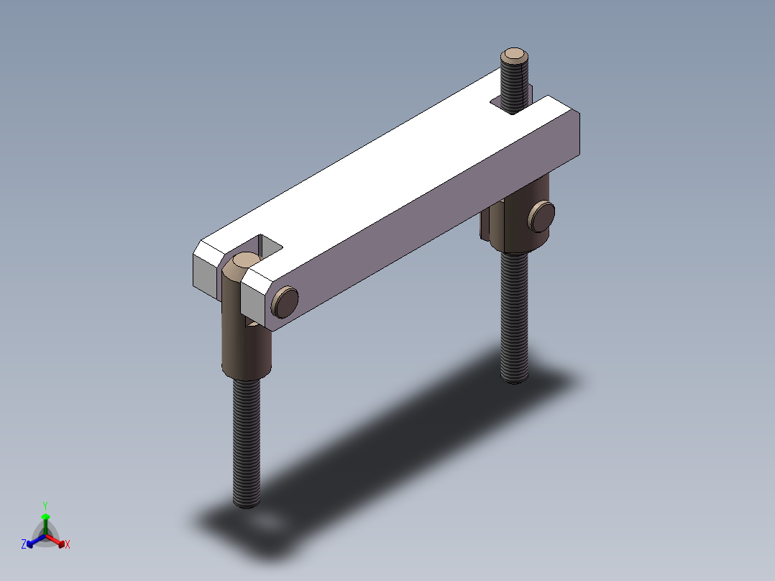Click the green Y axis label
(x=45, y=505)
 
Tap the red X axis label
(x=68, y=544)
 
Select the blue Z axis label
(x=24, y=544)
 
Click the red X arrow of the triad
(x=58, y=539)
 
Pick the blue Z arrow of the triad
(x=33, y=540)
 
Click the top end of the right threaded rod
(x=515, y=55)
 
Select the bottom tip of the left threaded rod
(x=247, y=504)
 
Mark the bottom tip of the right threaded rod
(x=514, y=379)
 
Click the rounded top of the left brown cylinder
(x=242, y=264)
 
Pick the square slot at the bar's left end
(x=267, y=245)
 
